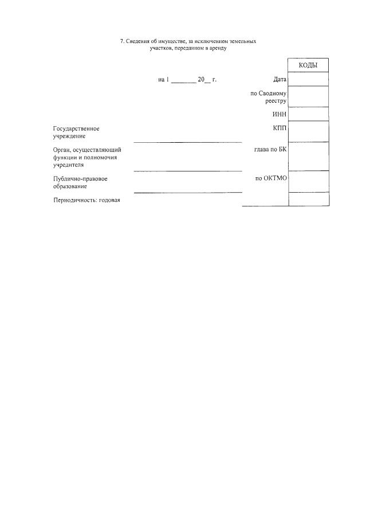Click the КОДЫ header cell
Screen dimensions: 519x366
(308, 65)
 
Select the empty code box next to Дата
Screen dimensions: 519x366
(308, 79)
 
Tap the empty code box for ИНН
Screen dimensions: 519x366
(308, 114)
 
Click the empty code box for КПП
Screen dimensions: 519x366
(308, 131)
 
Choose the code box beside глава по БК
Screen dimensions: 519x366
(308, 156)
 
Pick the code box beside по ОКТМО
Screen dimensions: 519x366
(308, 181)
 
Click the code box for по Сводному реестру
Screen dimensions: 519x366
(308, 96)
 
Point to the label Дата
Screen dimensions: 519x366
(280, 80)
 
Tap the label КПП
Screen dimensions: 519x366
(280, 128)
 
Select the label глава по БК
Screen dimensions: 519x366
(270, 150)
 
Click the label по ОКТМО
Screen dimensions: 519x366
(271, 178)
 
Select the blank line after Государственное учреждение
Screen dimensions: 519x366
(188, 141)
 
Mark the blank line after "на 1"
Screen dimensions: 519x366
(183, 82)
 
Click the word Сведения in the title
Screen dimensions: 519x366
(137, 41)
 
